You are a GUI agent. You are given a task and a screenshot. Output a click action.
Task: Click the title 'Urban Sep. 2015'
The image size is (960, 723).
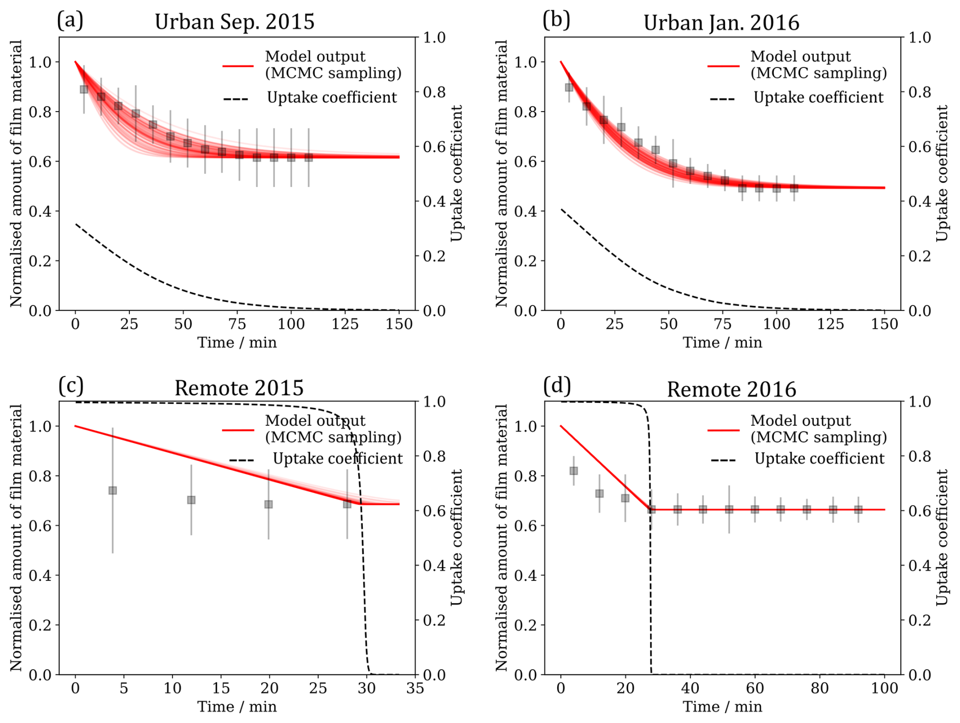click(x=234, y=22)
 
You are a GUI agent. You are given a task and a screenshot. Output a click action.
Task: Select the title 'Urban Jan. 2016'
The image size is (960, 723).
click(x=721, y=23)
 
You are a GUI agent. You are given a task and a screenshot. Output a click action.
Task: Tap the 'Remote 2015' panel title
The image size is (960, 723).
click(x=239, y=388)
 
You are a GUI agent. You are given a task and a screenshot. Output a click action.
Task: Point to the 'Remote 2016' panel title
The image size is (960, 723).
click(x=731, y=389)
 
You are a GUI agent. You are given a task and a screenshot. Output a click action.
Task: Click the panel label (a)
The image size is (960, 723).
click(x=70, y=20)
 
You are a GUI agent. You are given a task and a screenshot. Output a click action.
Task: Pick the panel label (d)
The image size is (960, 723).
click(x=557, y=386)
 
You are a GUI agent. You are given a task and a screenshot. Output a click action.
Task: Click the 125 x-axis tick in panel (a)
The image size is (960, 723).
click(x=345, y=324)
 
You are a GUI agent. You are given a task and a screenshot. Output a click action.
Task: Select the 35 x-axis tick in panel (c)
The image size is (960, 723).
click(x=415, y=688)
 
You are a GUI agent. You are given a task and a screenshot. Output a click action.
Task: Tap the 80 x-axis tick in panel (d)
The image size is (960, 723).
click(x=819, y=688)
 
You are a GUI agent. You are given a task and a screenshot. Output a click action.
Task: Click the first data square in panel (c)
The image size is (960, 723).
click(x=113, y=491)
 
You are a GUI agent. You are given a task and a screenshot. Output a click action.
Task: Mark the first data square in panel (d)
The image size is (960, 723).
click(x=574, y=471)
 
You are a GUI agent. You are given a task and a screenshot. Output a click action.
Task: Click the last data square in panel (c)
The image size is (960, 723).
click(x=347, y=504)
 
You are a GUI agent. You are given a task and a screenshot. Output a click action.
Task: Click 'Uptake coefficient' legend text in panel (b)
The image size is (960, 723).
click(x=818, y=97)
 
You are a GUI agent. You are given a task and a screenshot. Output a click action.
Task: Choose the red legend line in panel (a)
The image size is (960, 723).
click(x=237, y=66)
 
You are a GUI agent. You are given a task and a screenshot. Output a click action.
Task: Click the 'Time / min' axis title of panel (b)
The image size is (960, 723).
click(x=722, y=342)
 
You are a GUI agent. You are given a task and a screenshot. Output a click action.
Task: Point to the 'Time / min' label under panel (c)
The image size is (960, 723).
click(x=237, y=707)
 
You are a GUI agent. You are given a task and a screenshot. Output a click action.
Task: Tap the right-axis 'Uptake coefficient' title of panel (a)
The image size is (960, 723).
click(x=457, y=173)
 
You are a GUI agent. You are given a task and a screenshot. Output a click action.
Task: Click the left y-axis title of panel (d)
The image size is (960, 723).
click(x=501, y=538)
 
